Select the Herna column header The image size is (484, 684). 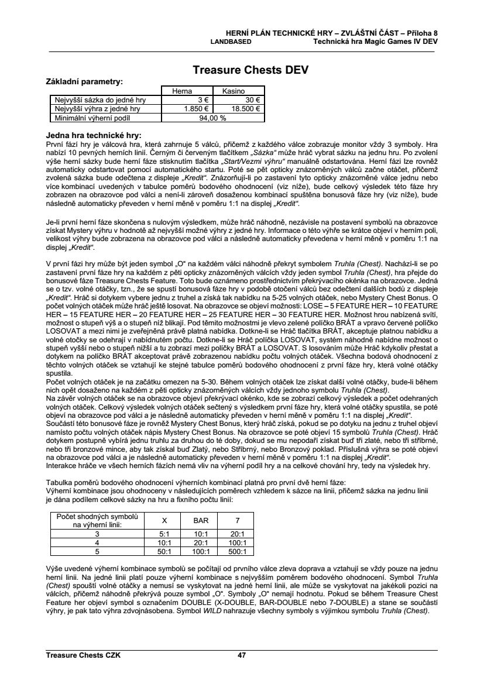[x=183, y=91]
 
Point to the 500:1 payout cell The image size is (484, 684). [x=237, y=551]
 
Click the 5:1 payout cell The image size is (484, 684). [x=164, y=534]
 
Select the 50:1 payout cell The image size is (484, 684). [x=164, y=551]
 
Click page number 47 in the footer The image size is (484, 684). [x=242, y=655]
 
